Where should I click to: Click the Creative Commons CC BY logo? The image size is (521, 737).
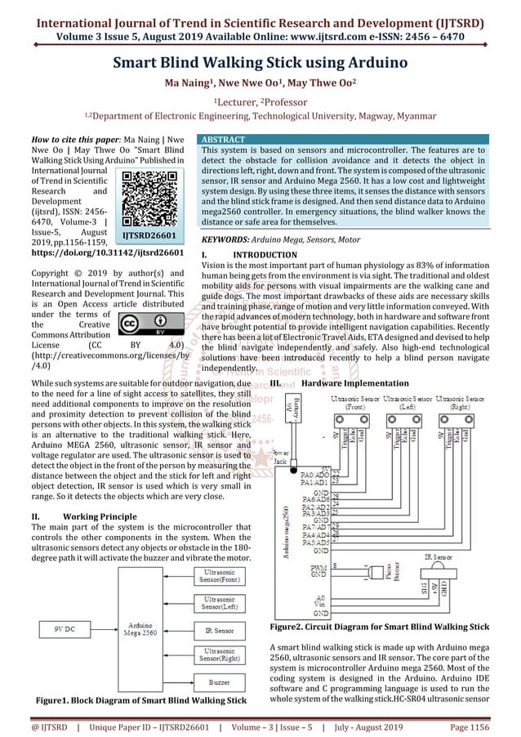pyautogui.click(x=144, y=325)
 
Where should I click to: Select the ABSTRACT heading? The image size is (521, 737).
pyautogui.click(x=224, y=141)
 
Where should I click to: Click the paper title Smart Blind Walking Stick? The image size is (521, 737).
pyautogui.click(x=260, y=63)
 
